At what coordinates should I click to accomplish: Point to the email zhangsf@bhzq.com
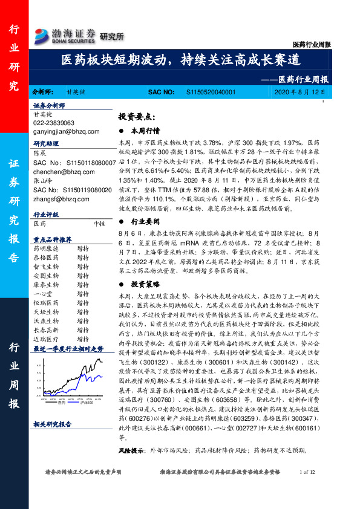[61, 198]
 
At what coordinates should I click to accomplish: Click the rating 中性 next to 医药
[99, 223]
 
